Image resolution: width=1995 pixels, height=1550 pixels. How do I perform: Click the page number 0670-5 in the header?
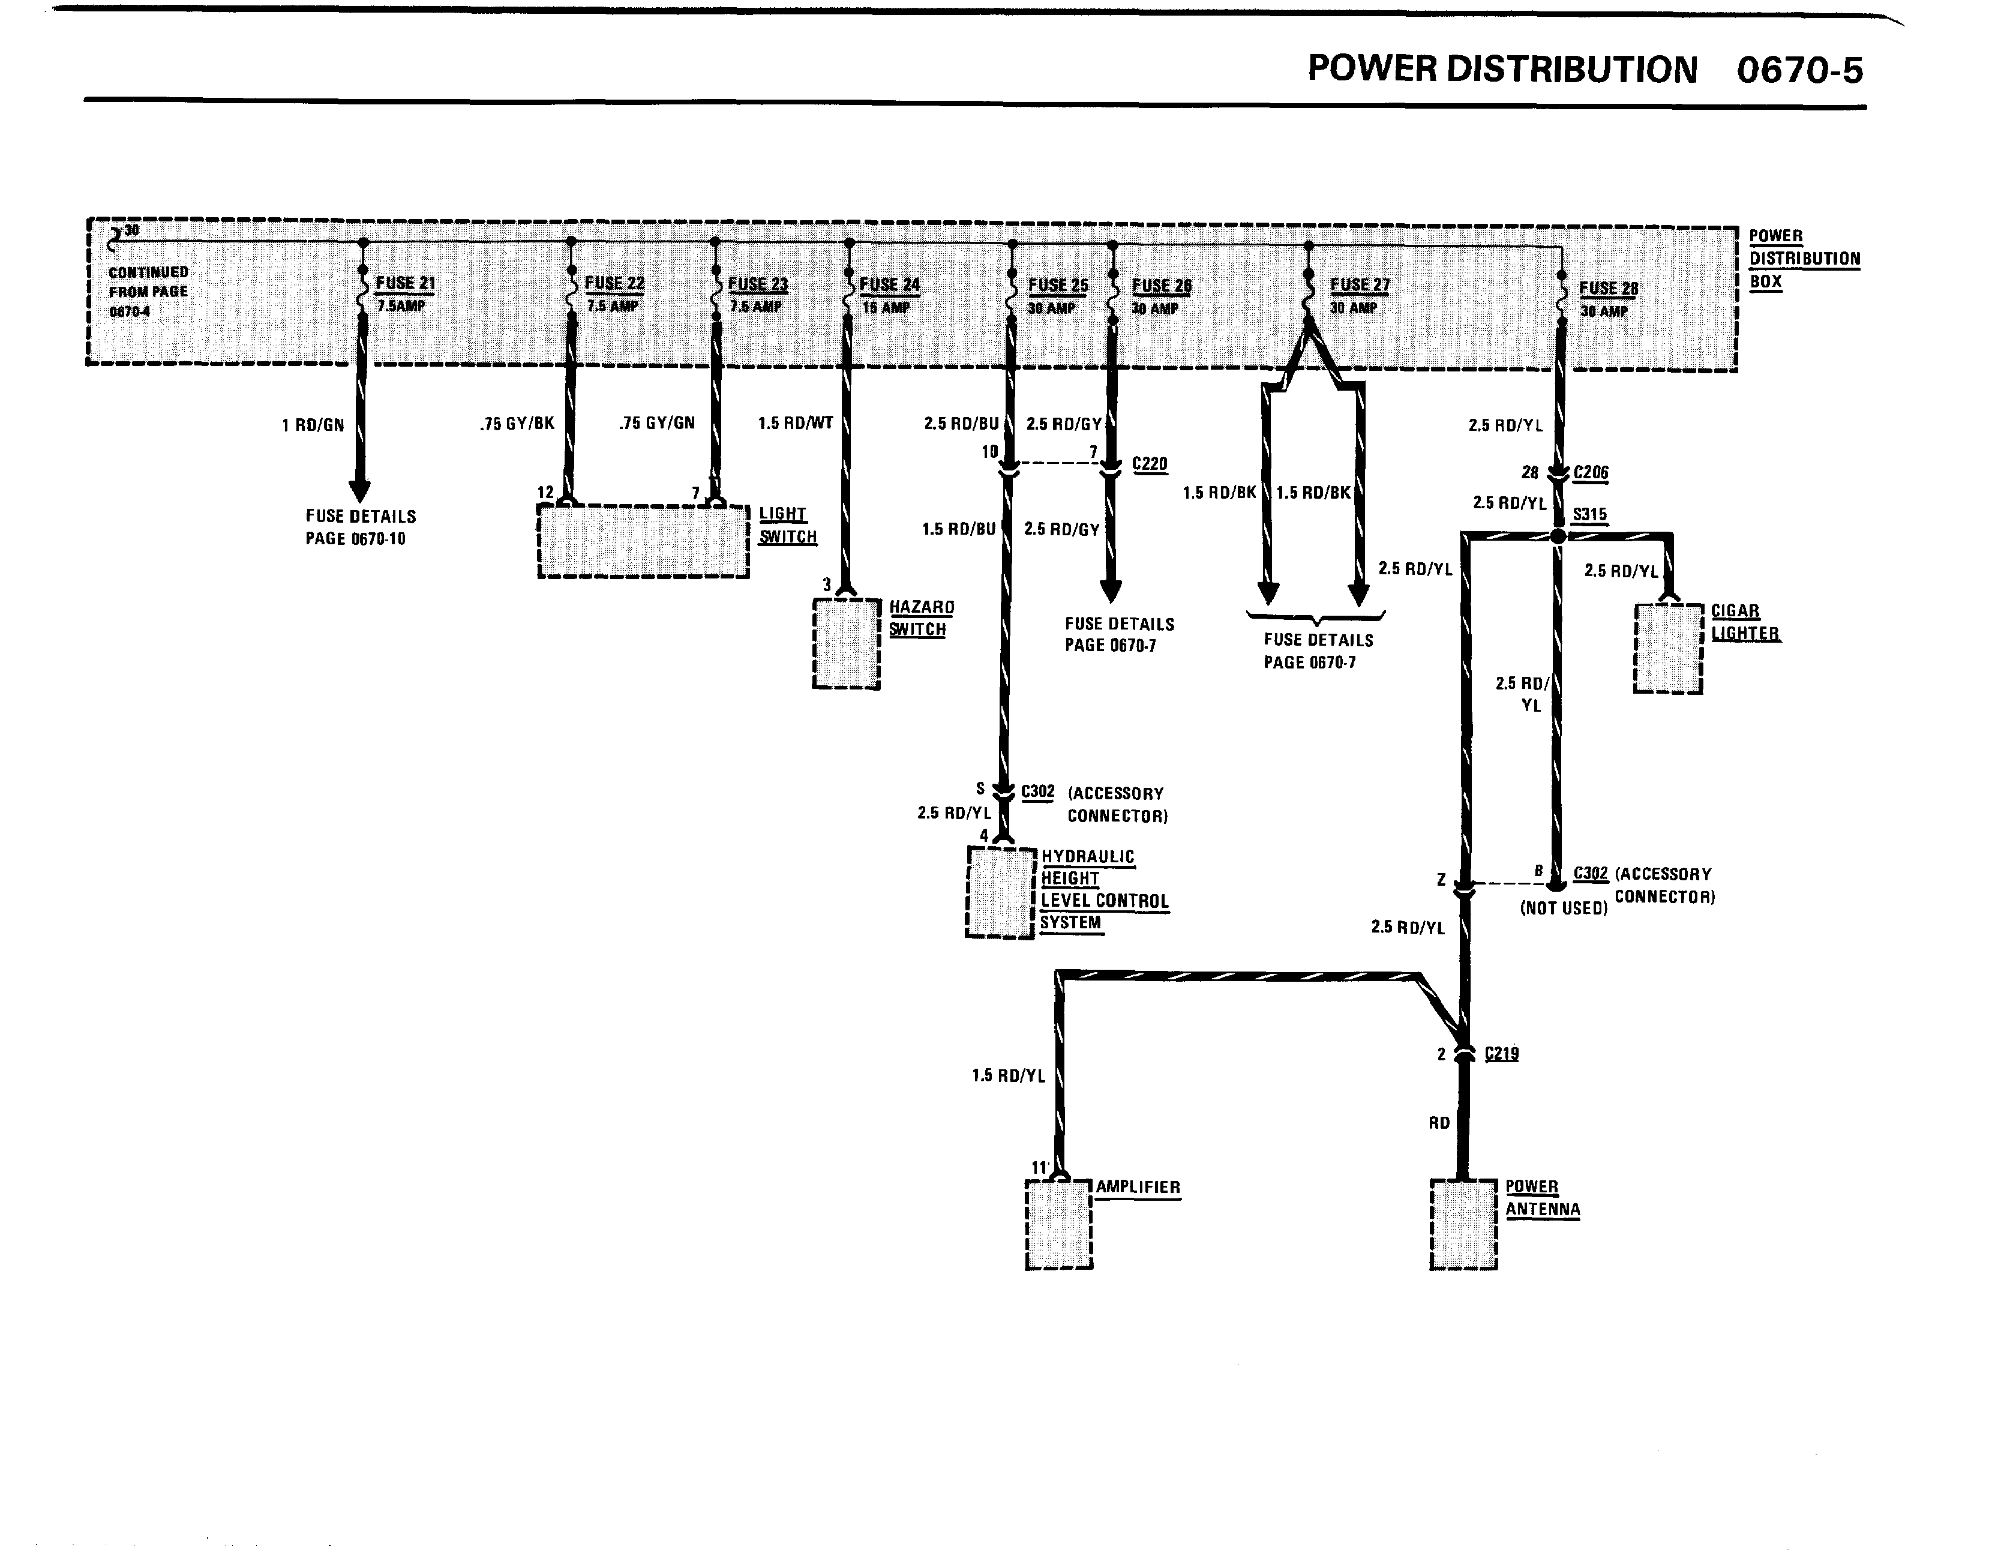1799,70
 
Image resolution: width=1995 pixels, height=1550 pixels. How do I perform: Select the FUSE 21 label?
406,283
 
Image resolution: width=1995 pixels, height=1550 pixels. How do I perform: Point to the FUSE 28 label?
1609,289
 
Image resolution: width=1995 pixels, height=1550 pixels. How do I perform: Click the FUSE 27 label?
1359,285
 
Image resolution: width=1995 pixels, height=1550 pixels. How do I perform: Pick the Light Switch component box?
643,542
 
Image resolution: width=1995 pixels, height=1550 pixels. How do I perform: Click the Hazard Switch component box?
846,643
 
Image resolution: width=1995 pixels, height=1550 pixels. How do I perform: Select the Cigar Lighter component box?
1668,649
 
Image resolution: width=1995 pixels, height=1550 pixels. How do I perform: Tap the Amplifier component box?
1059,1224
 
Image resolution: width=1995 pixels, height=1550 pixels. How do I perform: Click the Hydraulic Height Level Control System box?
1000,892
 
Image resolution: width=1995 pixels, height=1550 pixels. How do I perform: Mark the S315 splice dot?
1558,536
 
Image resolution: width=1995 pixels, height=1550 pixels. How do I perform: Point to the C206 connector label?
1591,472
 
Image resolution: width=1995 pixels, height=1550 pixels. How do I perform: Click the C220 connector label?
1149,464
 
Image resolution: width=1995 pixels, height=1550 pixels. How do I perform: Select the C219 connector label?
1502,1053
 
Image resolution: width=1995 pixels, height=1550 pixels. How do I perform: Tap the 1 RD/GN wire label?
313,425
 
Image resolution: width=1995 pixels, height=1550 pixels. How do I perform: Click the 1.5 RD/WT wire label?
795,424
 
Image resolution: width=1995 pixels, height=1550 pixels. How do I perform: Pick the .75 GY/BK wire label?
517,424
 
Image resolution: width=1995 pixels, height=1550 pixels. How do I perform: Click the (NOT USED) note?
1563,908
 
